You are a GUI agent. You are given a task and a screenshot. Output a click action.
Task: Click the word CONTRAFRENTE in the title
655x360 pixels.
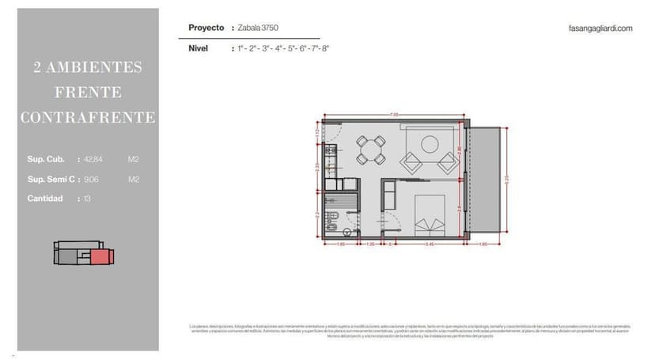pyautogui.click(x=88, y=118)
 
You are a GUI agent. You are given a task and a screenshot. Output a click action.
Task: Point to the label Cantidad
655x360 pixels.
pyautogui.click(x=45, y=199)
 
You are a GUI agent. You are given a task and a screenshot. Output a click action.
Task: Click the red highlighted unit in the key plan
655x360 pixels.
pyautogui.click(x=101, y=256)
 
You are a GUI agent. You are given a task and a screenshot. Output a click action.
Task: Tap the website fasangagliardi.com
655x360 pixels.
pyautogui.click(x=600, y=28)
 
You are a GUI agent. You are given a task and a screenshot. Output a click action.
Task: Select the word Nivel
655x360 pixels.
pyautogui.click(x=198, y=48)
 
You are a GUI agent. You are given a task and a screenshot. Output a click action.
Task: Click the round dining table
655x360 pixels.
pyautogui.click(x=370, y=148)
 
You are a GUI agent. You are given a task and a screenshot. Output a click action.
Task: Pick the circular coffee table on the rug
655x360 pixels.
pyautogui.click(x=430, y=144)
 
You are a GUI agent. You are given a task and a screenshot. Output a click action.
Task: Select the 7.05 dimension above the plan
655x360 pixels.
pyautogui.click(x=393, y=115)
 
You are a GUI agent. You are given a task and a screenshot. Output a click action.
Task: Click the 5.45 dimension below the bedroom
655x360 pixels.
pyautogui.click(x=429, y=244)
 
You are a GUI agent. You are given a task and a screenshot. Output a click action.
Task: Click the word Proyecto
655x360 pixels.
pyautogui.click(x=206, y=28)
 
